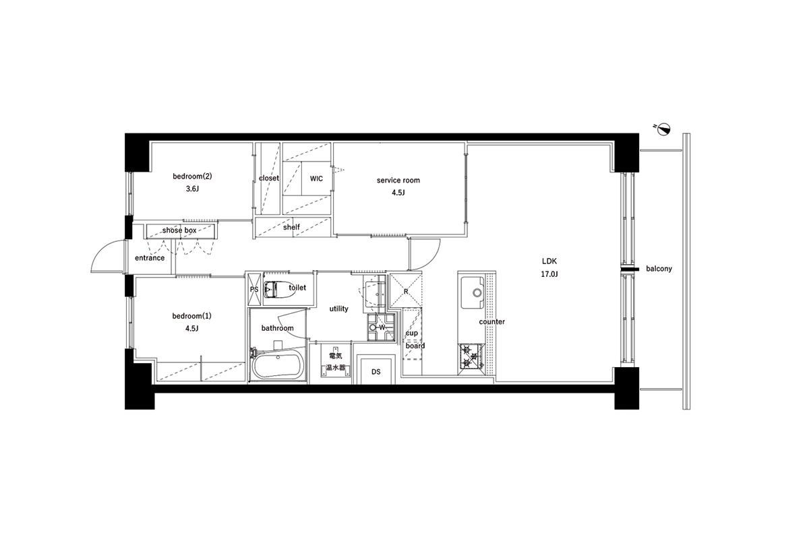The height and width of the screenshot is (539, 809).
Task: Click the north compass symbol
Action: pyautogui.click(x=664, y=129)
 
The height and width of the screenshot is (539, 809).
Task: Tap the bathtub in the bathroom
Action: pyautogui.click(x=277, y=365)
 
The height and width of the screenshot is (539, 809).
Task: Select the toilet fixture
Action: pyautogui.click(x=278, y=289)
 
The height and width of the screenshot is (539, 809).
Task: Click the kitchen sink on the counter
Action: pyautogui.click(x=472, y=292)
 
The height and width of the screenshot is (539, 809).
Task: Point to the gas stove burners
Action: pyautogui.click(x=471, y=356)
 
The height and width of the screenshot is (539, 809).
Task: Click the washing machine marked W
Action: pyautogui.click(x=381, y=327)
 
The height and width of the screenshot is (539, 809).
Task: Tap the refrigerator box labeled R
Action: pyautogui.click(x=406, y=291)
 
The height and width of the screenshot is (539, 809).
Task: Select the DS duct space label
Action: pyautogui.click(x=376, y=371)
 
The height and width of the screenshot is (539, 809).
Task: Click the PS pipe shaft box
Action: pyautogui.click(x=254, y=290)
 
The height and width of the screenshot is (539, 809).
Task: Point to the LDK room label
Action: pyautogui.click(x=549, y=261)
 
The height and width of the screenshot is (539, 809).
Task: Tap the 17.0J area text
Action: pyautogui.click(x=549, y=274)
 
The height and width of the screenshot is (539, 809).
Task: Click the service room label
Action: pyautogui.click(x=398, y=180)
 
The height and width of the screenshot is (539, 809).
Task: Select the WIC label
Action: pyautogui.click(x=316, y=179)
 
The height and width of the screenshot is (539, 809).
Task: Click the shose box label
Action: pyautogui.click(x=179, y=230)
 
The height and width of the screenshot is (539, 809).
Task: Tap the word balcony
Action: pyautogui.click(x=659, y=269)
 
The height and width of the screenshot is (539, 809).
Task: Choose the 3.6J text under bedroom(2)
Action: pyautogui.click(x=192, y=189)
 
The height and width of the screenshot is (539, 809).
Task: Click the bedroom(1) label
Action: pyautogui.click(x=191, y=316)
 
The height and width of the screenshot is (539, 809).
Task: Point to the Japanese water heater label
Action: pyautogui.click(x=336, y=362)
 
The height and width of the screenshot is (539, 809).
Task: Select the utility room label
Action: pyautogui.click(x=338, y=309)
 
